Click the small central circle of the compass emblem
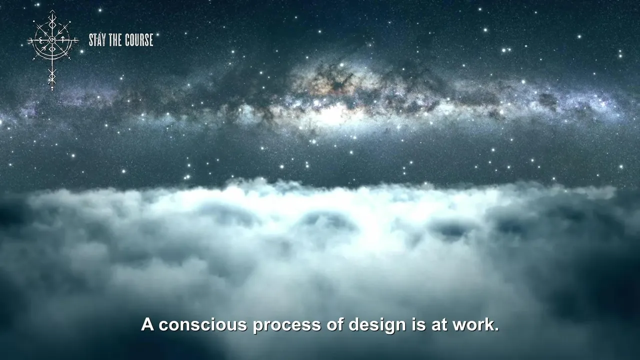tap(52, 39)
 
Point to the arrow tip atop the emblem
tap(52, 11)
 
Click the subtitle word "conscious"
tap(203, 325)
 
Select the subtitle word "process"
tap(287, 325)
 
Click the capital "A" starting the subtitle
tap(147, 324)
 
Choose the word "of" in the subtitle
tap(334, 324)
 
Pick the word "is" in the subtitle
tap(418, 324)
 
